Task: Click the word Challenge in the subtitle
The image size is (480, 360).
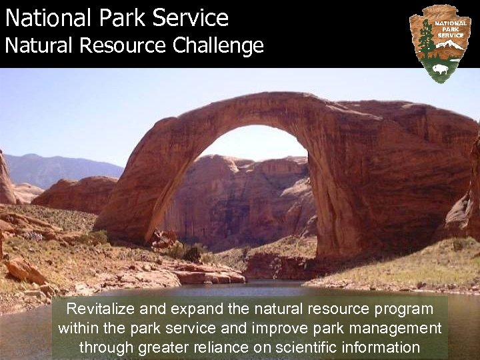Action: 219,46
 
